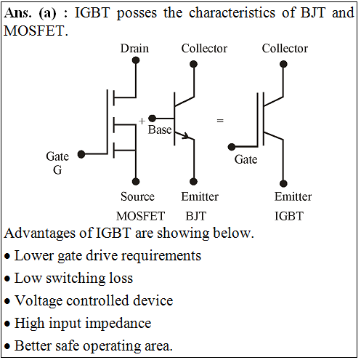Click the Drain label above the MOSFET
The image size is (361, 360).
134,48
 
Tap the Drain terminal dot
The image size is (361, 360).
136,60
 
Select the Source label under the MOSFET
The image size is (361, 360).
137,196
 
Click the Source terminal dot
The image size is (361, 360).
136,181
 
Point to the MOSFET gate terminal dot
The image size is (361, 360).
81,154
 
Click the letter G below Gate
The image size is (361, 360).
57,170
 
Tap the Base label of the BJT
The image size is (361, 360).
160,129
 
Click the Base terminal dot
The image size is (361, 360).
152,119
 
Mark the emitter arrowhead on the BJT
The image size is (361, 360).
186,136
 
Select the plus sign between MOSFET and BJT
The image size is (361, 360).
142,121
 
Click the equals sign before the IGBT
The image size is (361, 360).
220,121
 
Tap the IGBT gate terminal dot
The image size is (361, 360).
232,147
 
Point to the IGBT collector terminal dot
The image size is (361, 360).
283,64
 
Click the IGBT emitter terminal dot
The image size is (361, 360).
283,183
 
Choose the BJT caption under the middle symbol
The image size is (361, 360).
196,216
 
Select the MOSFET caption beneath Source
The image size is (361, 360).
140,216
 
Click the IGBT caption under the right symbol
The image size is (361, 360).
289,216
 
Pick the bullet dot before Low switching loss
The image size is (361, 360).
7,279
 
